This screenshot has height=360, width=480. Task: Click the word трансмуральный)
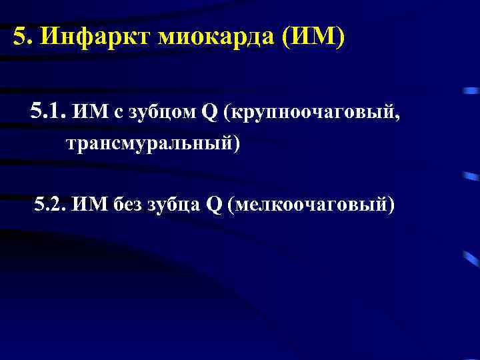[x=152, y=143]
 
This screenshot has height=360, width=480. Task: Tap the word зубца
[x=175, y=205]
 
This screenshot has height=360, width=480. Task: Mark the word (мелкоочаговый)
[x=311, y=205]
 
